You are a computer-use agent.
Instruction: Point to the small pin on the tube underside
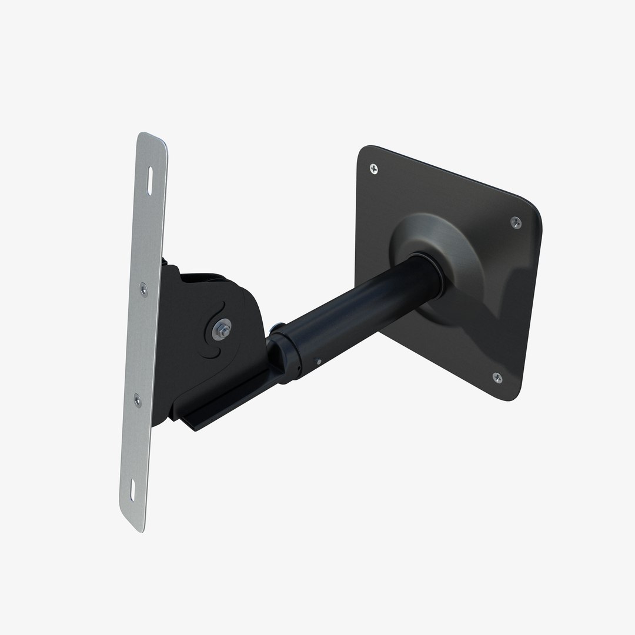[x=318, y=362]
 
